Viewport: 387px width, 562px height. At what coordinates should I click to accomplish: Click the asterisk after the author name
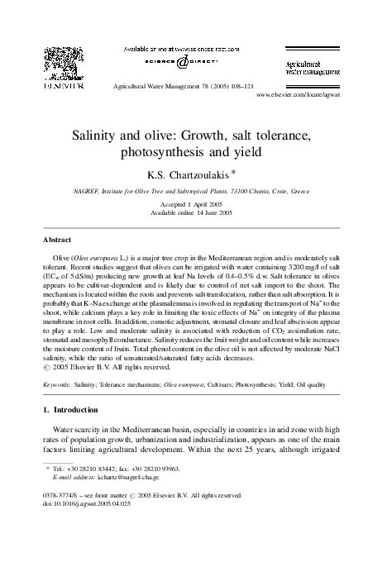235,172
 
